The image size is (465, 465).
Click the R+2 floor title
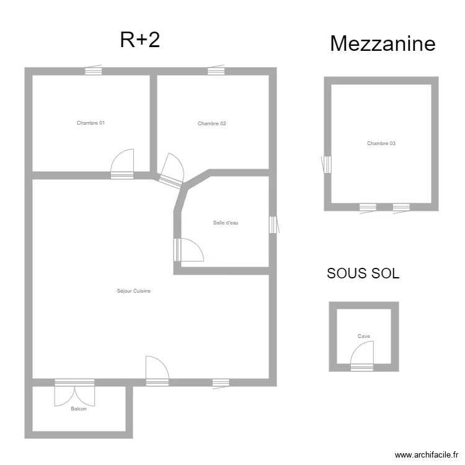pyautogui.click(x=140, y=40)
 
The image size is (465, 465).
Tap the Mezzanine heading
pyautogui.click(x=383, y=43)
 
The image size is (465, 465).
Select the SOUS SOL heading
pyautogui.click(x=363, y=273)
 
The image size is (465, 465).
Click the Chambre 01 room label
pyautogui.click(x=91, y=123)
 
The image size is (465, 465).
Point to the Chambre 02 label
pyautogui.click(x=212, y=123)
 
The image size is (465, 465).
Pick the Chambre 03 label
pyautogui.click(x=381, y=143)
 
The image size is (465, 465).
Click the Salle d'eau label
pyautogui.click(x=226, y=223)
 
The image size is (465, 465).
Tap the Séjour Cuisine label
pyautogui.click(x=134, y=291)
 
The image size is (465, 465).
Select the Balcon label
pyautogui.click(x=79, y=409)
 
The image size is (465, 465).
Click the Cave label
pyautogui.click(x=364, y=336)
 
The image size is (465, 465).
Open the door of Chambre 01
pyautogui.click(x=122, y=164)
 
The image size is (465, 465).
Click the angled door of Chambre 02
pyautogui.click(x=172, y=171)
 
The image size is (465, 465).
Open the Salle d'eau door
pyautogui.click(x=188, y=250)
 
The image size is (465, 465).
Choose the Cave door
pyautogui.click(x=362, y=356)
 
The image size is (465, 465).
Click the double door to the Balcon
pyautogui.click(x=75, y=392)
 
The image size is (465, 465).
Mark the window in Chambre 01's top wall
pyautogui.click(x=94, y=70)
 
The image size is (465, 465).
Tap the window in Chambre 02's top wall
pyautogui.click(x=216, y=70)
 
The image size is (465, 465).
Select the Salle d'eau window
pyautogui.click(x=274, y=225)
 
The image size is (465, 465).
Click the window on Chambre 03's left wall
pyautogui.click(x=327, y=164)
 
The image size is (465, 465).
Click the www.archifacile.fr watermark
pyautogui.click(x=427, y=454)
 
